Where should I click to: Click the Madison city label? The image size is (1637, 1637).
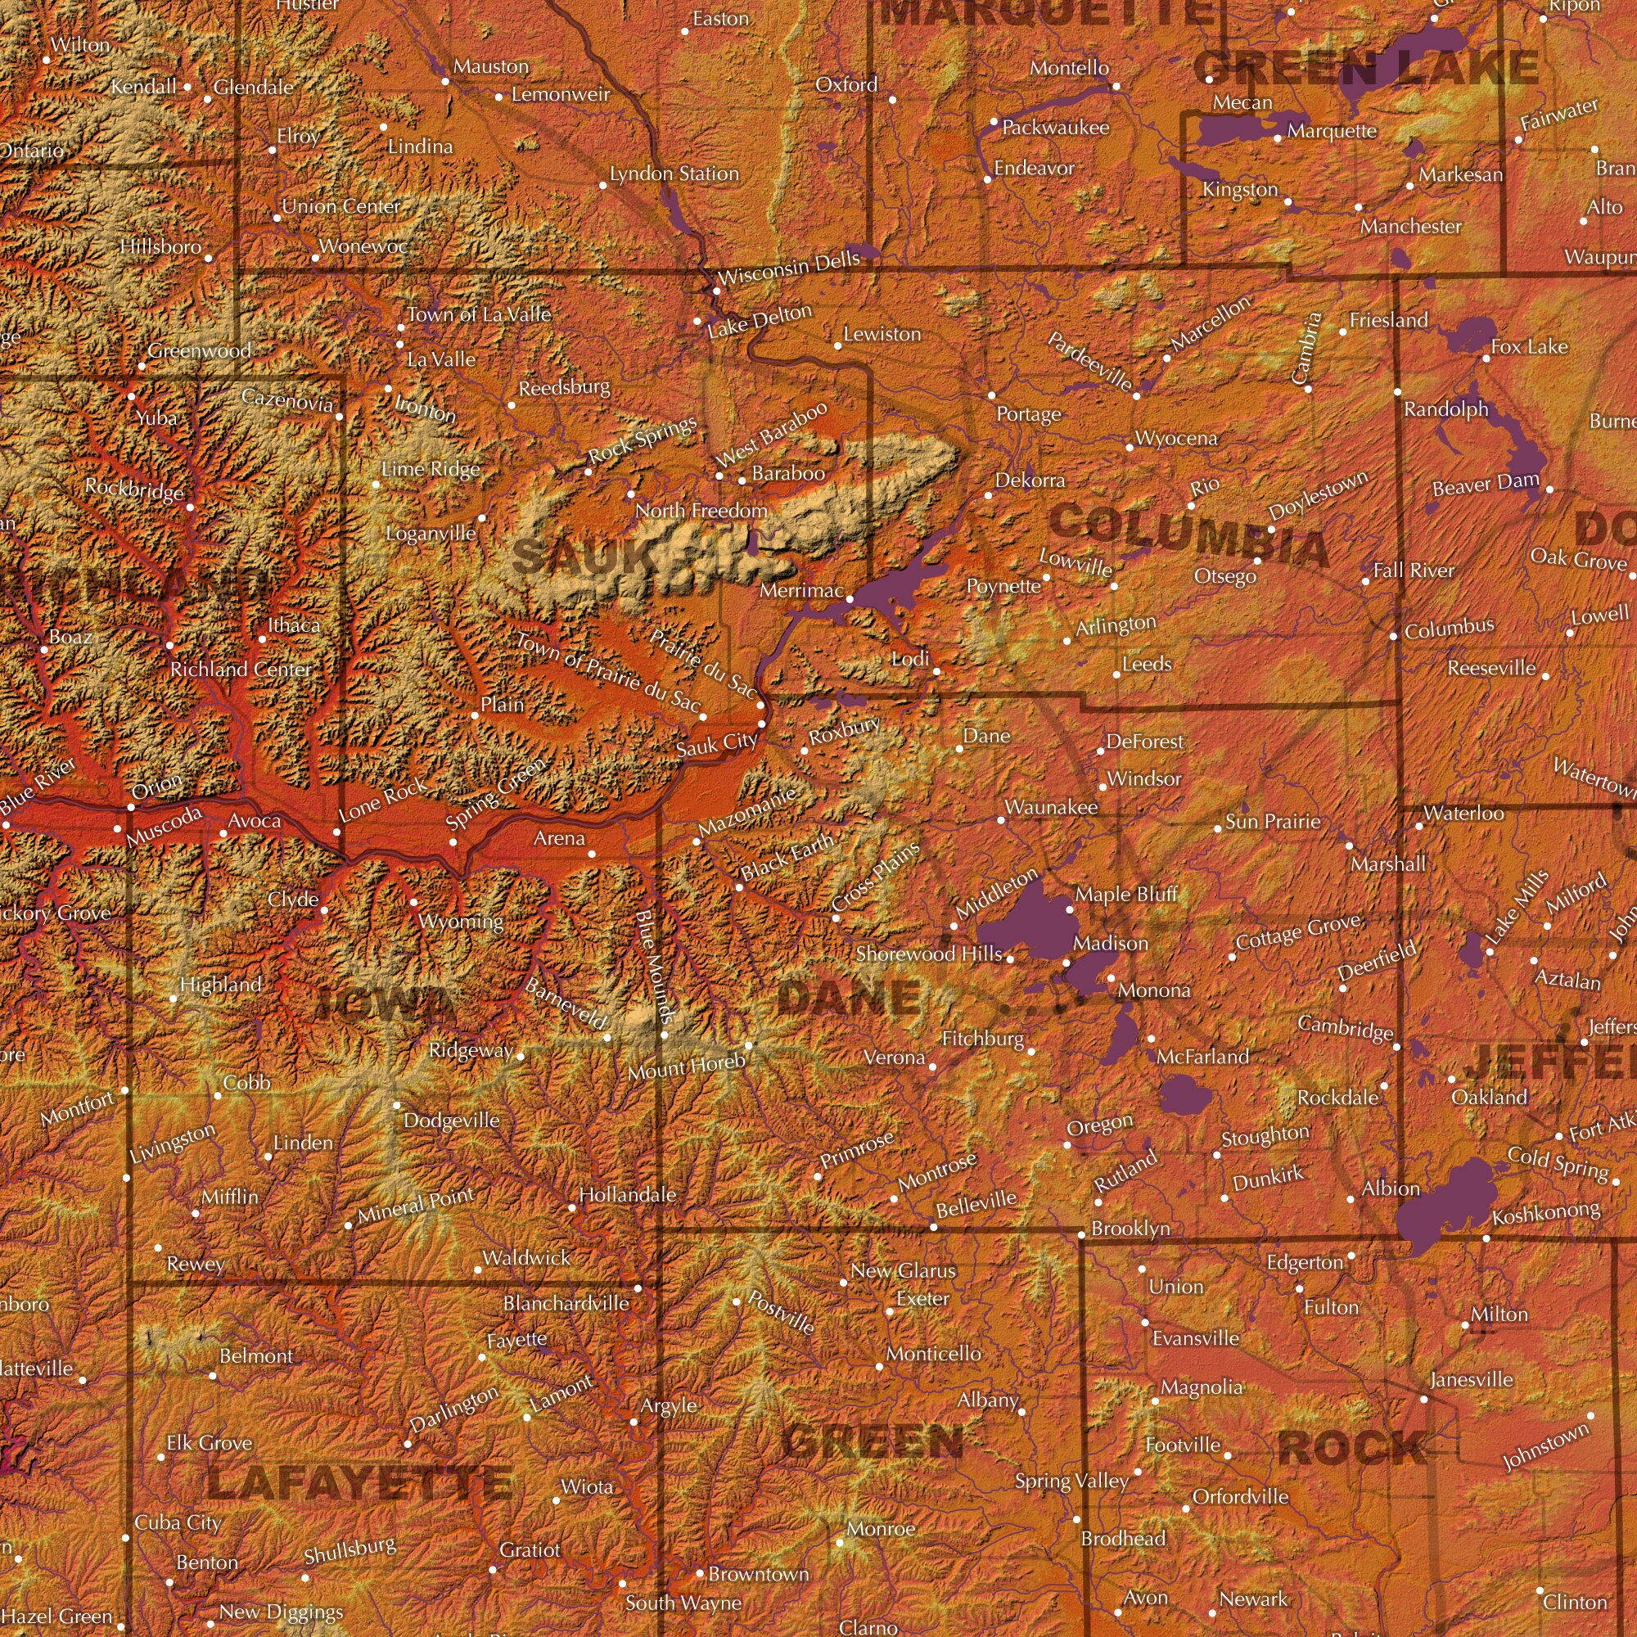tap(1110, 943)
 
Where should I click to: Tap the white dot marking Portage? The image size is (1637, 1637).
tap(991, 395)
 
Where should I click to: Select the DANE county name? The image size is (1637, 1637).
tap(848, 997)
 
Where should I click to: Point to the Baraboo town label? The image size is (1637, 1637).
tap(788, 473)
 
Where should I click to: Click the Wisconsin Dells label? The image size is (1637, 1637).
tap(788, 268)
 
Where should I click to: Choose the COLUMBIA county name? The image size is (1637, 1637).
tap(1188, 534)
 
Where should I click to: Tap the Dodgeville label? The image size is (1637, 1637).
tap(451, 1121)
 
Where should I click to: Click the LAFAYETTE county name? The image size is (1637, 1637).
tap(359, 1483)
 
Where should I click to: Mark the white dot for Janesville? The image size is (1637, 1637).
tap(1423, 1400)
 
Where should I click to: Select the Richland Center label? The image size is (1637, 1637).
tap(241, 670)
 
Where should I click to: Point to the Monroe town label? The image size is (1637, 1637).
tap(881, 1528)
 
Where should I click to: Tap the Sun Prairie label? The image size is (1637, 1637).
tap(1273, 821)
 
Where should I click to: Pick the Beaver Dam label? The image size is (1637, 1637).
tap(1486, 484)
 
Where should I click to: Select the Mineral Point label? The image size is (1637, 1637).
tap(415, 1204)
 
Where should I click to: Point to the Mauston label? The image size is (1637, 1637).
tap(489, 66)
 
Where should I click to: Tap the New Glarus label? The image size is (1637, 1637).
tap(904, 1270)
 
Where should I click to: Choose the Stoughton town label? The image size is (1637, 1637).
tap(1265, 1135)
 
